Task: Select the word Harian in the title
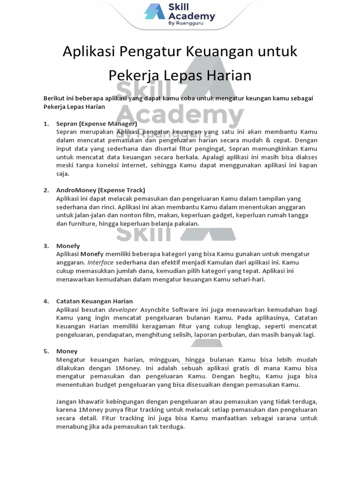229,75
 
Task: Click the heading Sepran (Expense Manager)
96,124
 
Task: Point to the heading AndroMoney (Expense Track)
100,190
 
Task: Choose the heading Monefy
68,246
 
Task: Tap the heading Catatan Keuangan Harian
94,301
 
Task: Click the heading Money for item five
67,351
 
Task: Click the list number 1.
46,124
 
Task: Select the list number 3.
46,246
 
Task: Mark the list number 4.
46,301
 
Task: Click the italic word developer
123,310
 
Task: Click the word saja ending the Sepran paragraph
62,174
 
